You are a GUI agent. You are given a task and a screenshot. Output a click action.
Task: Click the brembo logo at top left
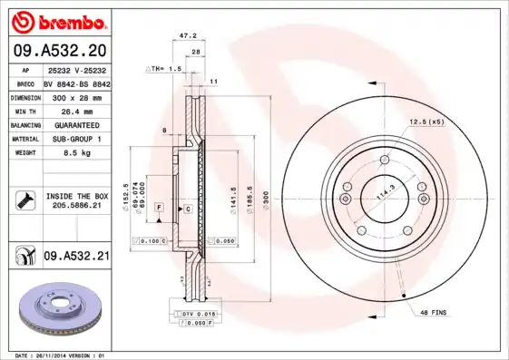57,20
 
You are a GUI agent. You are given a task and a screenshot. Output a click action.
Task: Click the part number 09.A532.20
59,51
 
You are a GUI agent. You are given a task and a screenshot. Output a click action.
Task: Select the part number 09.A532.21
75,258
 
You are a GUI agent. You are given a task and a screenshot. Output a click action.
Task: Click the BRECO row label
25,83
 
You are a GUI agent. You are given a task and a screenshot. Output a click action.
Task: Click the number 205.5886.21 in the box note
76,205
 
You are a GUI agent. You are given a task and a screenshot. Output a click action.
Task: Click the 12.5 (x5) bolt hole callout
426,121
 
